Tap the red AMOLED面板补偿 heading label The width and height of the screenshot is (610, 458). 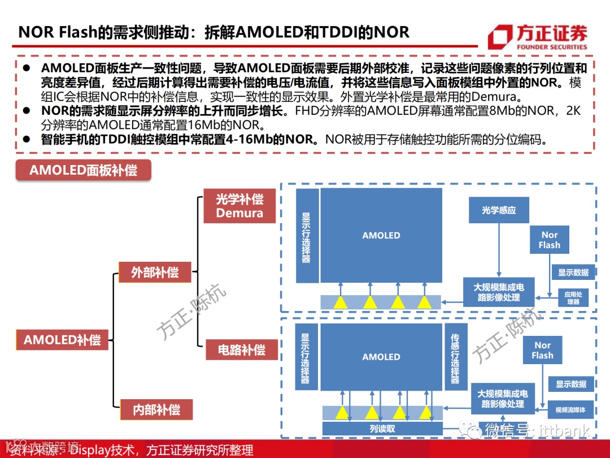click(83, 170)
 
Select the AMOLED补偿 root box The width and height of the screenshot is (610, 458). click(62, 340)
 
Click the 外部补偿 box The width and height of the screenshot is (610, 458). click(155, 272)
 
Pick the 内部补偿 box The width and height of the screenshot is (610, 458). click(156, 409)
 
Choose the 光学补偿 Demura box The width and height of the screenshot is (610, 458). click(239, 206)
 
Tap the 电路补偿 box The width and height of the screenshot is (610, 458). click(242, 350)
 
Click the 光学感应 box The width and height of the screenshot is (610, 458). click(499, 210)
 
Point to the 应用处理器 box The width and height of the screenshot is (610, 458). click(573, 297)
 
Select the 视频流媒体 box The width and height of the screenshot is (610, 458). click(570, 410)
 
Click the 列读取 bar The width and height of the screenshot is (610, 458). click(382, 429)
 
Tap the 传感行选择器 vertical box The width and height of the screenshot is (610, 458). click(455, 356)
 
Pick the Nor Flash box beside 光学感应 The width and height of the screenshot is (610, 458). click(549, 240)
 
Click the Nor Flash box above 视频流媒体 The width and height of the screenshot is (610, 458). click(542, 350)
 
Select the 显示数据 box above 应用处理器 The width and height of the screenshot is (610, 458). click(573, 273)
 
